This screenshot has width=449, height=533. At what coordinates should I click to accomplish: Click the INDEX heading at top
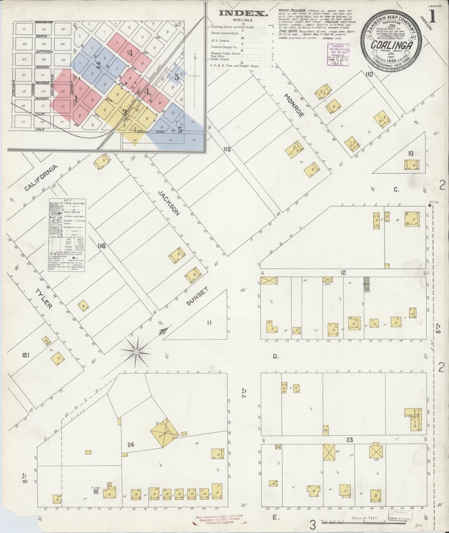243,13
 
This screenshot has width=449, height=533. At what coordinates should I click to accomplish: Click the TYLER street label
43,299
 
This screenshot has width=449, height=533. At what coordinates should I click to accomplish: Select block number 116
101,246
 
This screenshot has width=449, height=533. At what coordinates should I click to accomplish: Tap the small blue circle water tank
96,491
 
